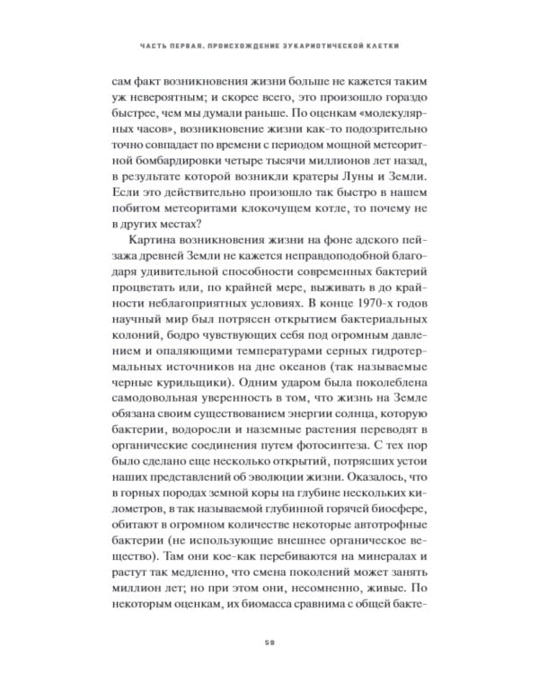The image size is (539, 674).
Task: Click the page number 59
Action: point(269,641)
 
